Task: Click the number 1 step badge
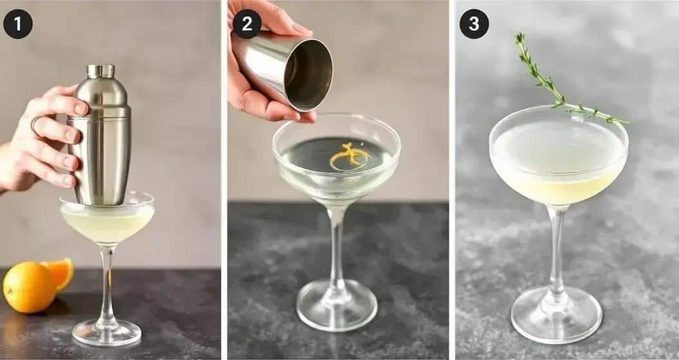(18, 24)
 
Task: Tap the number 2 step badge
(247, 24)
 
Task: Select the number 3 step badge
(474, 24)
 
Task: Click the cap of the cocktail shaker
(100, 71)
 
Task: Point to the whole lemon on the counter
(30, 287)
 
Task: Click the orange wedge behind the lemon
(60, 273)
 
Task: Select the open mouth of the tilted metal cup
(309, 75)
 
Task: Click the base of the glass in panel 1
(107, 333)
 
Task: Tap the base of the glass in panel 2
(336, 305)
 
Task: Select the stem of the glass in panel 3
(556, 250)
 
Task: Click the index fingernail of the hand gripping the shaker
(81, 109)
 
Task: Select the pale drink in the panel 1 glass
(107, 223)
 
